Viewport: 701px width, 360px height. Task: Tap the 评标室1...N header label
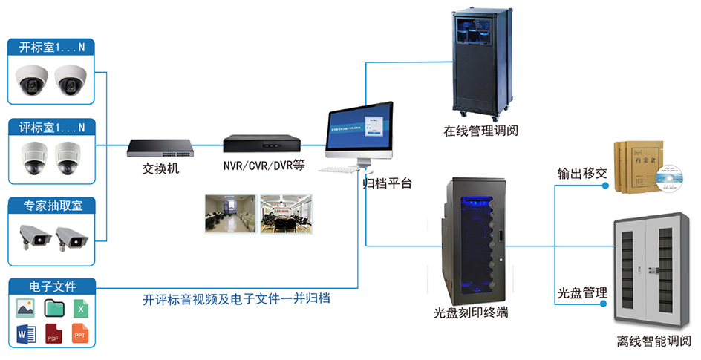[x=52, y=127]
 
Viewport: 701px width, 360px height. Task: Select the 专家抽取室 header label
[x=52, y=206]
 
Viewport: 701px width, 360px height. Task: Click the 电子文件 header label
[x=52, y=287]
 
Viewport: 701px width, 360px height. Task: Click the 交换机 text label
[x=161, y=168]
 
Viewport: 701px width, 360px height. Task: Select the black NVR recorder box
[x=264, y=145]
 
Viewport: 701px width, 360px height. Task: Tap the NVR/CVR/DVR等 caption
[x=264, y=166]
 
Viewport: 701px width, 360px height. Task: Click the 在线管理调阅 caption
[x=481, y=131]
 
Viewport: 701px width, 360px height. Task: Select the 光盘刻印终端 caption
[x=472, y=312]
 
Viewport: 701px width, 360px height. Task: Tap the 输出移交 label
[x=583, y=174]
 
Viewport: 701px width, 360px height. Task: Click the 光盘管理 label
[x=583, y=293]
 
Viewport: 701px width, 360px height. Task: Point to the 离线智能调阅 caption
[x=654, y=342]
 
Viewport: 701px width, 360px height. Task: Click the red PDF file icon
[x=53, y=333]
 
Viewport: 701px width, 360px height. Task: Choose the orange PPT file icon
[x=80, y=333]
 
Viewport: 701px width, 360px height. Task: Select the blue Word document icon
[x=25, y=333]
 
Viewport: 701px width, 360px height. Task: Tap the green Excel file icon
[x=80, y=307]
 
